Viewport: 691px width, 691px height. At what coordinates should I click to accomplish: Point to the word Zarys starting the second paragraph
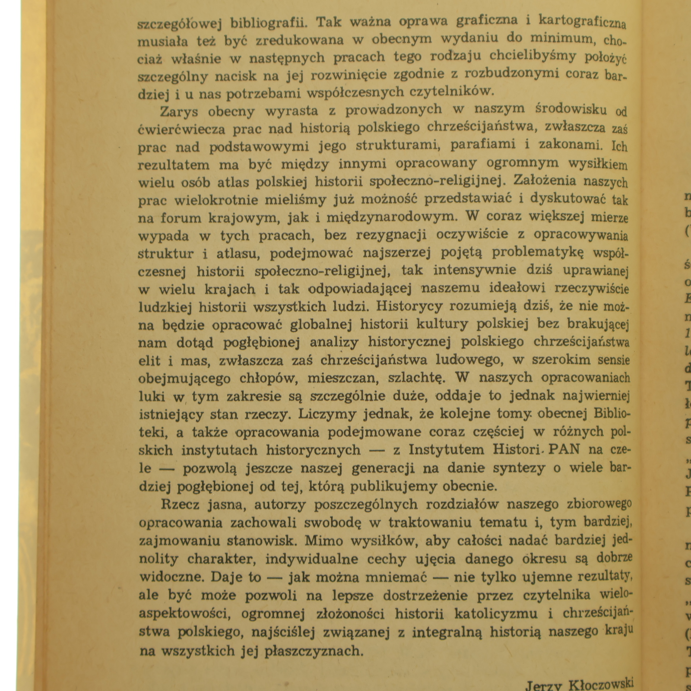click(x=179, y=111)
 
